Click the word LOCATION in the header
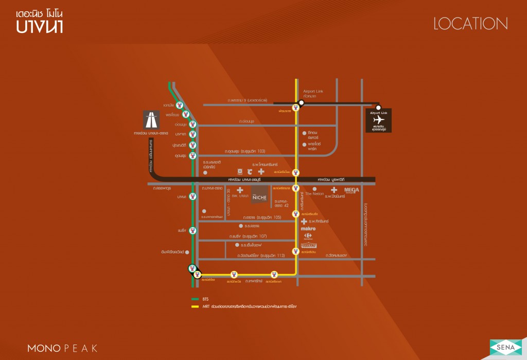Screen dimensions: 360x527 coord(470,24)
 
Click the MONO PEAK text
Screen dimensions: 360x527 coord(62,349)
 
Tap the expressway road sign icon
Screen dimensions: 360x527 coord(151,120)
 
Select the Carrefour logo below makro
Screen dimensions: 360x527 coord(308,236)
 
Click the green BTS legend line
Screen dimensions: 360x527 coord(195,299)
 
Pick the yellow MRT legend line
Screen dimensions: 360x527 coord(195,306)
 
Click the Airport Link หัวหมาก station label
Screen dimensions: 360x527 coord(312,93)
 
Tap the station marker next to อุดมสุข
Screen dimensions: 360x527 coord(192,155)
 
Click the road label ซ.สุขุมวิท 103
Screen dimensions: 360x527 coord(245,151)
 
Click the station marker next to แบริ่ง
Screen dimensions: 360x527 coord(192,230)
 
